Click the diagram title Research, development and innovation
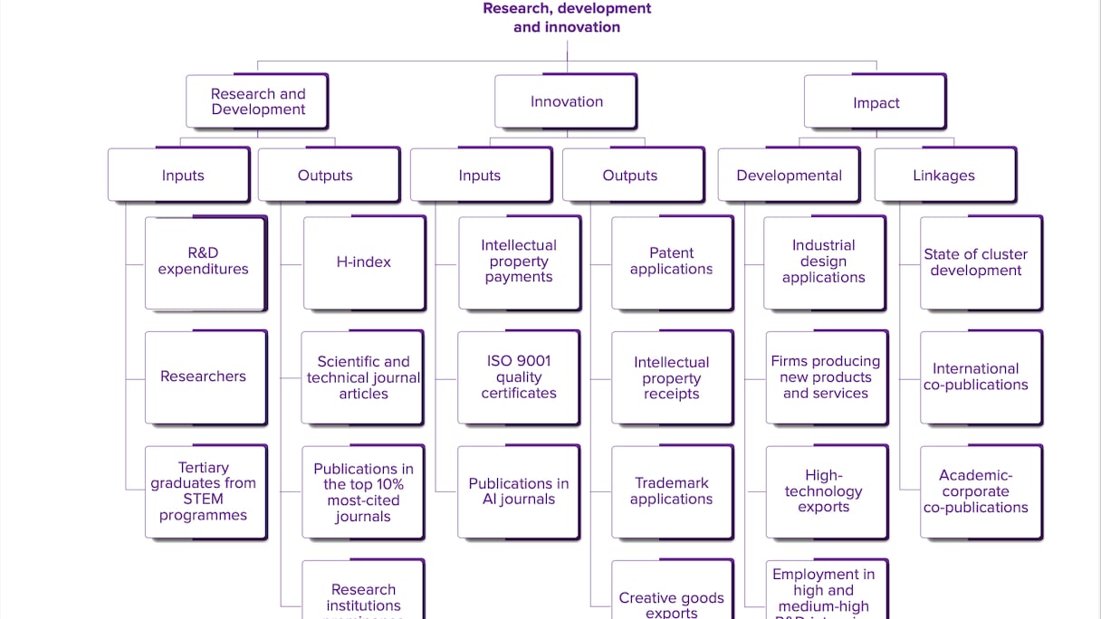pos(567,18)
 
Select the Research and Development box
pos(257,101)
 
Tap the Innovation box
pos(566,101)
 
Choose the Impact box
pos(875,102)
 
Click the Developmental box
pos(789,176)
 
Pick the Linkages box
pos(944,176)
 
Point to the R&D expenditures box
pos(205,262)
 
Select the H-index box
pos(364,262)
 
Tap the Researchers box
pos(205,376)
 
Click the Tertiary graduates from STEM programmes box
pos(205,491)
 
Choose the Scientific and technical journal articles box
pos(362,377)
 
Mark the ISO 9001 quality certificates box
pos(518,377)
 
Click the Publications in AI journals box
pos(518,491)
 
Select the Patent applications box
pos(671,262)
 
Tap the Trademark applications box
pos(671,491)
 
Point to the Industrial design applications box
pos(824,262)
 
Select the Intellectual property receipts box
pos(671,377)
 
